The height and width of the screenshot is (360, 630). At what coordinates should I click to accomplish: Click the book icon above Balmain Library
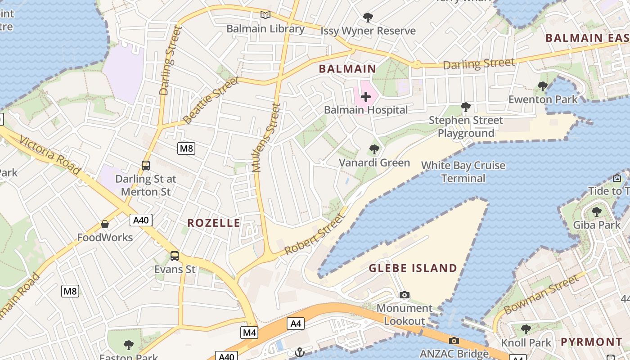point(265,15)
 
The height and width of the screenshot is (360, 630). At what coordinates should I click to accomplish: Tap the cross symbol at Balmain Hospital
point(365,97)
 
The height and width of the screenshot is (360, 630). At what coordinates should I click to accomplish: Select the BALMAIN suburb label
point(347,69)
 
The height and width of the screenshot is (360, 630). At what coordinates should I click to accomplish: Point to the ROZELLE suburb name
point(214,223)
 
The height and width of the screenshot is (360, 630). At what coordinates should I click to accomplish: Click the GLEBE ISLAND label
point(413,269)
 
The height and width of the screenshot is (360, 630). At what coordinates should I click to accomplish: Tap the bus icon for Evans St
point(175,256)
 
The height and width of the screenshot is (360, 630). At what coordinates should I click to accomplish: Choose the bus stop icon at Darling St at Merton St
point(145,165)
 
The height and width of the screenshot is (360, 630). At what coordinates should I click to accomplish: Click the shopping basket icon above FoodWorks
point(105,224)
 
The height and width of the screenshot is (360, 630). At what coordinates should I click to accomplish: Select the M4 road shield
point(249,333)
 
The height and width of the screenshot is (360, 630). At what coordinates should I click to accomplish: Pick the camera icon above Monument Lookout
point(404,295)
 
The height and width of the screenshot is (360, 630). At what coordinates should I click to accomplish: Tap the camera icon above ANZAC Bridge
point(454,341)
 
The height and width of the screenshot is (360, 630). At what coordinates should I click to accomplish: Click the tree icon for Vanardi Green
point(374,149)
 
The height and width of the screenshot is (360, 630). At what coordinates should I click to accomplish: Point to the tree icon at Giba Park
point(596,211)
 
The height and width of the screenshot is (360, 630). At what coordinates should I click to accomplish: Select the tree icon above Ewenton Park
point(543,86)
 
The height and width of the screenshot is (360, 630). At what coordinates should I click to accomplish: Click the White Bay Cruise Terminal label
point(463,172)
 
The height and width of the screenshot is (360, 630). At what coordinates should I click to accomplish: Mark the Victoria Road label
point(49,155)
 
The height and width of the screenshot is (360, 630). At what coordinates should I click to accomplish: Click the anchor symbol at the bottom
point(300,352)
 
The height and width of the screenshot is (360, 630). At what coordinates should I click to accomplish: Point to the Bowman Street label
point(541,294)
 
